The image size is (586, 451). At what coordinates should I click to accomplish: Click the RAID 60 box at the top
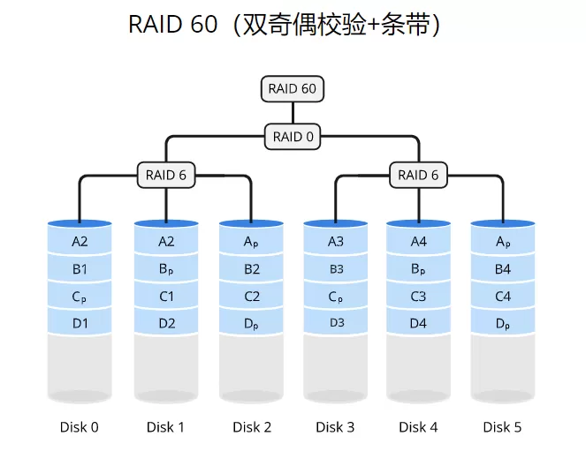293,89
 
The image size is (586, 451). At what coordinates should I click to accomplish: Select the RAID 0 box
293,137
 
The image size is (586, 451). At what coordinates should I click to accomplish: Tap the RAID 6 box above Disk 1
166,175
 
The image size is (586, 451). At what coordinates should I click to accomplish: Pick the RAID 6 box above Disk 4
418,175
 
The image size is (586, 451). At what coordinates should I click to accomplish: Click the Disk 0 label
80,427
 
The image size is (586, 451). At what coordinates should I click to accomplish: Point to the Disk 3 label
335,427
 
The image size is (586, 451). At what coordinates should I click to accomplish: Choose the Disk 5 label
502,427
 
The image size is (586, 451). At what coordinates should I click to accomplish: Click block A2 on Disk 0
80,241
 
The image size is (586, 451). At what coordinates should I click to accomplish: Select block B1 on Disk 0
80,269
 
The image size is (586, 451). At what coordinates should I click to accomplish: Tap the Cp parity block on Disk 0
80,297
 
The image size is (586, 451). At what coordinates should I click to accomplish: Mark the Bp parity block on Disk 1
167,269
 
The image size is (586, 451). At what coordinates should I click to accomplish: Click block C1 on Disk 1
167,297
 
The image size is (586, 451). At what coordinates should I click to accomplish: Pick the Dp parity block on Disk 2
252,324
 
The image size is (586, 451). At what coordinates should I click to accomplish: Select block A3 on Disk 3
336,241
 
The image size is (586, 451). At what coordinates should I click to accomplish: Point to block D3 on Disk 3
336,323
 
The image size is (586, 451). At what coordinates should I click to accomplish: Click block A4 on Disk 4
419,241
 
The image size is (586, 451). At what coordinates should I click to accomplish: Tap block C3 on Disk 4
419,297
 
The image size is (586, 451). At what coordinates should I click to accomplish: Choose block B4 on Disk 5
502,269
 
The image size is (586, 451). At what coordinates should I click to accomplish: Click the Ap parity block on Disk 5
502,241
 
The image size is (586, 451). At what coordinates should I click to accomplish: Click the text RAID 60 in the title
172,25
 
